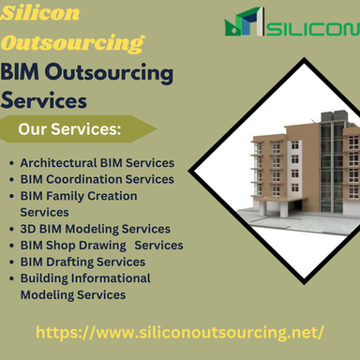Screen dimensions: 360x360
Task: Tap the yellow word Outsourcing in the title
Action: click(72, 42)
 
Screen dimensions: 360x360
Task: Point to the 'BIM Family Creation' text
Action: click(79, 196)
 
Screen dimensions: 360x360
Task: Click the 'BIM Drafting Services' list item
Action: click(82, 262)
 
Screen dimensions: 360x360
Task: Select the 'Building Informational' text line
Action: click(85, 278)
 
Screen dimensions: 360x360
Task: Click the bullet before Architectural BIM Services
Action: click(10, 163)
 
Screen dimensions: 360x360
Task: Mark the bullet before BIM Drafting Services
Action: click(10, 262)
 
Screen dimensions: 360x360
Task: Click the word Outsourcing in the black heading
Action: click(112, 72)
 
